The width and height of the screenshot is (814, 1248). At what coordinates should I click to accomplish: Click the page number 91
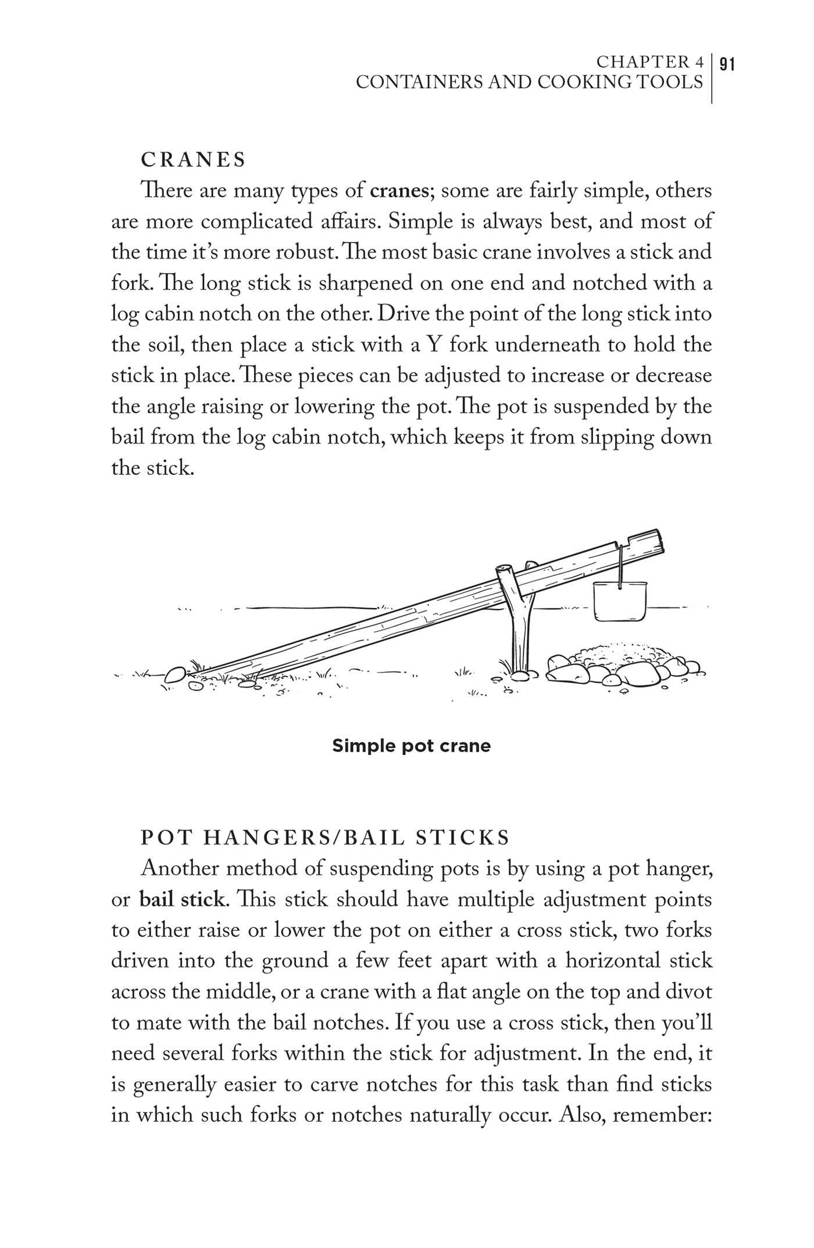pyautogui.click(x=727, y=63)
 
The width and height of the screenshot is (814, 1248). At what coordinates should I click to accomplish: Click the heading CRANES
pyautogui.click(x=194, y=160)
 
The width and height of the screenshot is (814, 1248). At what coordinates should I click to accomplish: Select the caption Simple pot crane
pyautogui.click(x=411, y=746)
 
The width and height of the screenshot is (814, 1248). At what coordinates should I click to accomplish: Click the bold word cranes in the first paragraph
pyautogui.click(x=399, y=191)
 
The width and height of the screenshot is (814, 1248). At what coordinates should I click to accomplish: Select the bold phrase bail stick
pyautogui.click(x=181, y=900)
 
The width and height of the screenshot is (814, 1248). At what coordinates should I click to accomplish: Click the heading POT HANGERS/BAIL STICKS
pyautogui.click(x=325, y=838)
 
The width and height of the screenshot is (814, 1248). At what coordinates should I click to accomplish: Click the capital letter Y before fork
pyautogui.click(x=434, y=345)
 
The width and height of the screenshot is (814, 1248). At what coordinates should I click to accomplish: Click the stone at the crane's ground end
pyautogui.click(x=176, y=674)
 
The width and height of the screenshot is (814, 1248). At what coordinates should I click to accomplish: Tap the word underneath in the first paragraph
pyautogui.click(x=544, y=345)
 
